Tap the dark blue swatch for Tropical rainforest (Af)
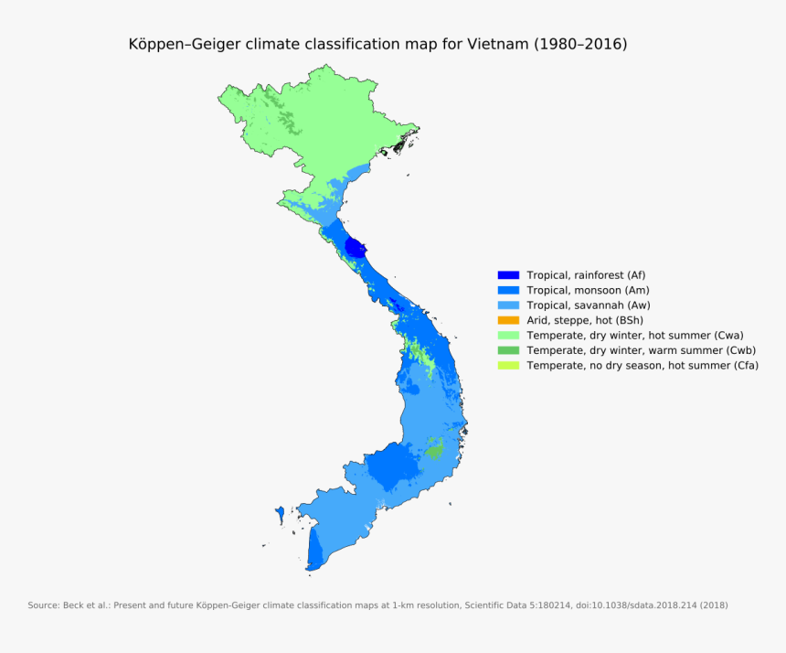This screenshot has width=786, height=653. click(x=508, y=275)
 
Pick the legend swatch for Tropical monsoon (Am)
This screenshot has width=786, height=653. click(x=508, y=290)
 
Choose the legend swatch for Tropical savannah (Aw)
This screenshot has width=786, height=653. click(x=508, y=305)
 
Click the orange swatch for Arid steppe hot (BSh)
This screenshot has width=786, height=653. click(x=508, y=320)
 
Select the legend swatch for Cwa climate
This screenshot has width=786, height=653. click(x=508, y=336)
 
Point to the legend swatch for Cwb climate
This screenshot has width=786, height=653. click(x=508, y=350)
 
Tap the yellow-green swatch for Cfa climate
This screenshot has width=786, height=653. click(x=508, y=366)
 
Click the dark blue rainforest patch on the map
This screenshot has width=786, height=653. click(x=356, y=248)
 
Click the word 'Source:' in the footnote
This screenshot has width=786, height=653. click(x=43, y=605)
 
